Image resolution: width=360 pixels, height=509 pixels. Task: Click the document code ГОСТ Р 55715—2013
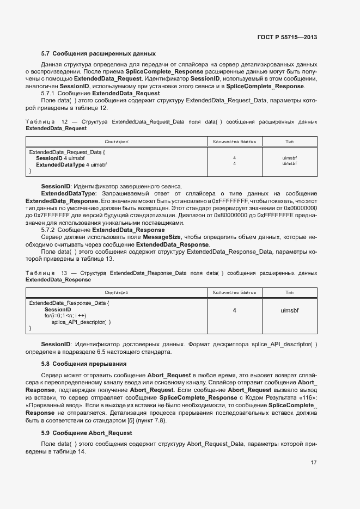click(287, 37)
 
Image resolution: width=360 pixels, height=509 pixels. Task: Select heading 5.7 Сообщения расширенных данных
click(99, 54)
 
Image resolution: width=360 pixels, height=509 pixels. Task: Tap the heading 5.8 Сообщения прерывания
click(84, 364)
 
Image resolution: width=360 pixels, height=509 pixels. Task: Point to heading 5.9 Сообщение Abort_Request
click(86, 433)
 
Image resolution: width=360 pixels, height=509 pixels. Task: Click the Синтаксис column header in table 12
click(117, 142)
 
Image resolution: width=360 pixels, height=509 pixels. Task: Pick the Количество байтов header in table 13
click(234, 292)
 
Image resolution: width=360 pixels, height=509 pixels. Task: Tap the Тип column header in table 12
click(290, 142)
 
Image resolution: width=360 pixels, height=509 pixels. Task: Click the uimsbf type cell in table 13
click(290, 310)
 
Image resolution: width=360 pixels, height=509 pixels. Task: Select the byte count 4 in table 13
click(234, 310)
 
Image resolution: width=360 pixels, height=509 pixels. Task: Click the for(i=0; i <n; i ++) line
click(65, 316)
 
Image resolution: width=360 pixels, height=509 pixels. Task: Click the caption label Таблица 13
click(47, 272)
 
